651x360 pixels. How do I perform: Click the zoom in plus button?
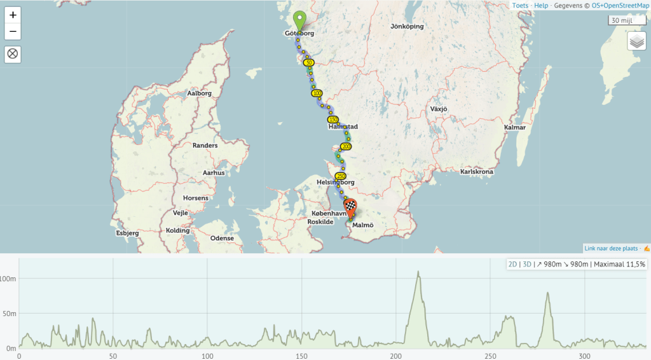pyautogui.click(x=13, y=15)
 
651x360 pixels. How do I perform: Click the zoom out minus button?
pyautogui.click(x=13, y=32)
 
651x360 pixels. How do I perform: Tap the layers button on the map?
pyautogui.click(x=636, y=42)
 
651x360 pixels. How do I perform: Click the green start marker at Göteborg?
pyautogui.click(x=299, y=20)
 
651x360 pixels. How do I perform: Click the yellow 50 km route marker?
pyautogui.click(x=309, y=63)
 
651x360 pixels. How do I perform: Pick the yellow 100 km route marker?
pyautogui.click(x=317, y=93)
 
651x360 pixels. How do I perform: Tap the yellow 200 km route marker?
pyautogui.click(x=346, y=147)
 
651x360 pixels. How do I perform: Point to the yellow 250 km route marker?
pyautogui.click(x=340, y=176)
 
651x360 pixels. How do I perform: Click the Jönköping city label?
pyautogui.click(x=408, y=27)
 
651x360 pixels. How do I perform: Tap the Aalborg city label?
pyautogui.click(x=199, y=93)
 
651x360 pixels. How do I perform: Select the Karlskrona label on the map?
pyautogui.click(x=477, y=172)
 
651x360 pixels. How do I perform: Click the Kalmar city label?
pyautogui.click(x=514, y=128)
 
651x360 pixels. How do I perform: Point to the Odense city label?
pyautogui.click(x=222, y=239)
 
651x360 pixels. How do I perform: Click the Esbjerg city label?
pyautogui.click(x=127, y=233)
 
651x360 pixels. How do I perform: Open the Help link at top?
pyautogui.click(x=541, y=6)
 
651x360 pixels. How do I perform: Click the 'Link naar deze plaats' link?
pyautogui.click(x=613, y=248)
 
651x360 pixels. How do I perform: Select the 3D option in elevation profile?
pyautogui.click(x=526, y=264)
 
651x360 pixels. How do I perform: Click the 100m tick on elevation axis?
pyautogui.click(x=8, y=279)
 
